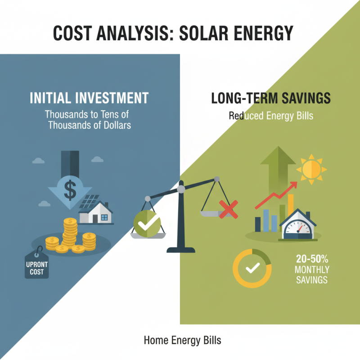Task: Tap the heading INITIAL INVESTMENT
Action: [x=89, y=98]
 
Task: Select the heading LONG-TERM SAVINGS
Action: [x=271, y=98]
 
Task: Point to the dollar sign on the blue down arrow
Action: [x=70, y=189]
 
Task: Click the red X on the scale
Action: [x=228, y=208]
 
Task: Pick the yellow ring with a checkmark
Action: [x=252, y=269]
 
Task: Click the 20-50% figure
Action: [x=312, y=259]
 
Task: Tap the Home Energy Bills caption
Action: [x=182, y=340]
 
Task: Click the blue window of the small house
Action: [x=104, y=217]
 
